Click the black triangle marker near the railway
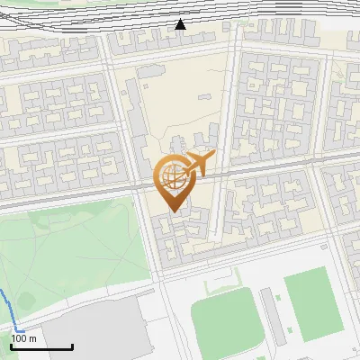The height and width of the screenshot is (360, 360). [x=181, y=24]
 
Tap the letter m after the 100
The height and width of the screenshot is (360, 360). [x=32, y=338]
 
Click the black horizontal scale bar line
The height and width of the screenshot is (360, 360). [x=41, y=346]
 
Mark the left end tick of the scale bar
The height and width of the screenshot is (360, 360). [x=11, y=345]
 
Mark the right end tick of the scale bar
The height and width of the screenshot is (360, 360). [x=72, y=345]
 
